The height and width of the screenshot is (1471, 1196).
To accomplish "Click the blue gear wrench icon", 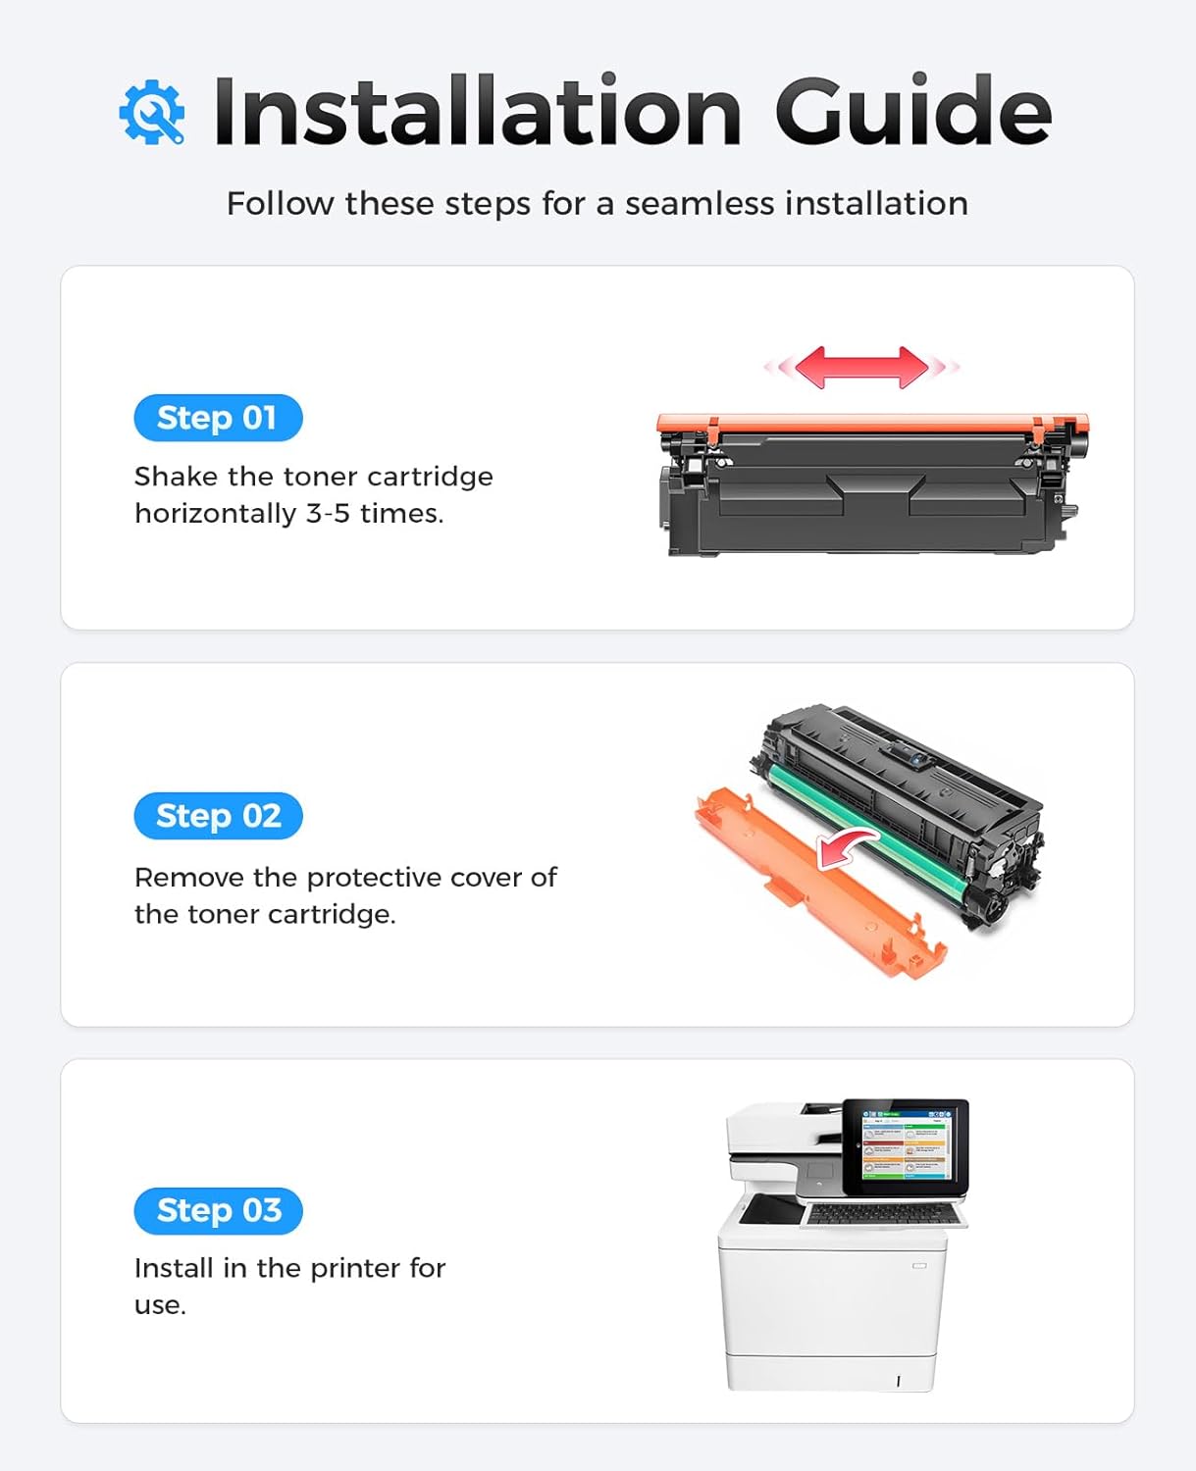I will (x=152, y=113).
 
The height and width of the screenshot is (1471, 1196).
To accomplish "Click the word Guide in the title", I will (x=912, y=111).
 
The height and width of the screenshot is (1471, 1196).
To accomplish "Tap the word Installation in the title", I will (x=477, y=111).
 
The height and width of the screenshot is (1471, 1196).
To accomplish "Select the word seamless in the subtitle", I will (x=702, y=203).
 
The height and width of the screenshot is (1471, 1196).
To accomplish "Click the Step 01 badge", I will (x=218, y=418).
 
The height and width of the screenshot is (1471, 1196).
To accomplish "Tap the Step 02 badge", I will (x=218, y=816).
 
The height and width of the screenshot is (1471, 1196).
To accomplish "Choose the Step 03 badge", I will (x=218, y=1210).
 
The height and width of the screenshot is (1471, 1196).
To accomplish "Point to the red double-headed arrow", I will (x=861, y=367).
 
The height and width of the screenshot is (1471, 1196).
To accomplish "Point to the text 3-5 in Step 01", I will (x=328, y=513).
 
